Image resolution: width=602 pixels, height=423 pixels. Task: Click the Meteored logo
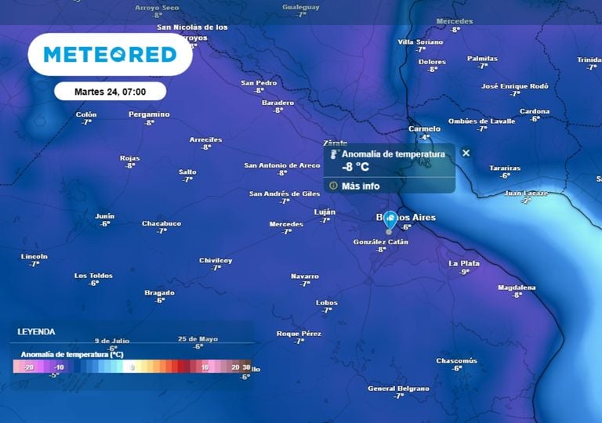(x=110, y=54)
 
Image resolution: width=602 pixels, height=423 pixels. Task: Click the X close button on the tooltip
(x=466, y=153)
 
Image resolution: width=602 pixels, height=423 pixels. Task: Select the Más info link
(x=360, y=186)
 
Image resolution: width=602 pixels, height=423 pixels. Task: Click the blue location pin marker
(x=390, y=220)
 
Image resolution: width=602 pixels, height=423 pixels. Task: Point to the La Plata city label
(x=464, y=263)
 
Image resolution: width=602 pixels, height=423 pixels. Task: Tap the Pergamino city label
(x=149, y=114)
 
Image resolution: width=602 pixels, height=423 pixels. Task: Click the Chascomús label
(x=456, y=360)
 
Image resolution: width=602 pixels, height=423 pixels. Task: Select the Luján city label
(x=325, y=211)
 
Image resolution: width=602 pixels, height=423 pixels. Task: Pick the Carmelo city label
(x=425, y=128)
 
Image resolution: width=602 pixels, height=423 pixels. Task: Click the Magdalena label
(x=517, y=287)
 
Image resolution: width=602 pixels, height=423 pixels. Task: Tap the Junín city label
(x=105, y=216)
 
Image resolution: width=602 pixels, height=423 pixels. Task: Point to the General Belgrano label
(x=398, y=389)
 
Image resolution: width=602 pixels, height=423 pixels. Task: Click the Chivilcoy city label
(x=216, y=260)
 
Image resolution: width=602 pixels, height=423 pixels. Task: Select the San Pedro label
(x=259, y=82)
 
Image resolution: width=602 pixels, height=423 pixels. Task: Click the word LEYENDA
(x=37, y=331)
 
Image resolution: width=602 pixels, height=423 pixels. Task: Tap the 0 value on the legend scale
(x=132, y=367)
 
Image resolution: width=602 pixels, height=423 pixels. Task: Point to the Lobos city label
(x=326, y=302)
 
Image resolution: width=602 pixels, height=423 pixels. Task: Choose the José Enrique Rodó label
(x=514, y=85)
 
